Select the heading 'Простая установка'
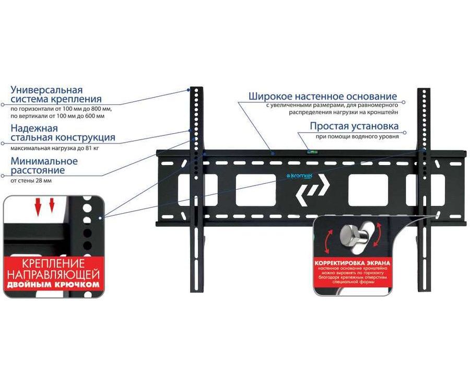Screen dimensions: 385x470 tap(354, 126)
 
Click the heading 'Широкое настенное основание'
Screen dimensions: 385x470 tap(322, 96)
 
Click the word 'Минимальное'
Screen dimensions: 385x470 tap(44, 161)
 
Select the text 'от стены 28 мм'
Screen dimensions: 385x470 tap(31, 181)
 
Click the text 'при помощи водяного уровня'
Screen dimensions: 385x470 tap(357, 137)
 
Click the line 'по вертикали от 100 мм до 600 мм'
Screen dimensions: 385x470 tap(57, 115)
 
